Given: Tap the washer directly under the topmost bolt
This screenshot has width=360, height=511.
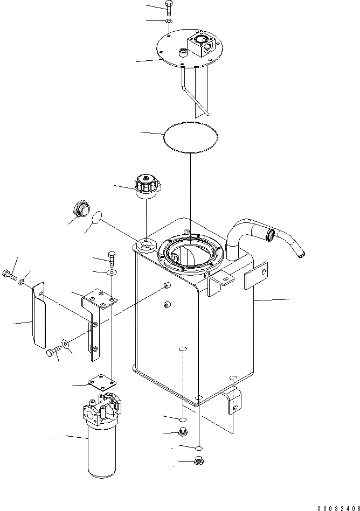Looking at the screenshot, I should (169, 22).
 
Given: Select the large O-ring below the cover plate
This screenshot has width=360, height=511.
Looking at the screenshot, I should (191, 137).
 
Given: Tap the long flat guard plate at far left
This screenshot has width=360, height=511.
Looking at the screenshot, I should (38, 318).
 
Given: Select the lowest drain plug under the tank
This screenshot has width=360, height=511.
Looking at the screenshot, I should (197, 460).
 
